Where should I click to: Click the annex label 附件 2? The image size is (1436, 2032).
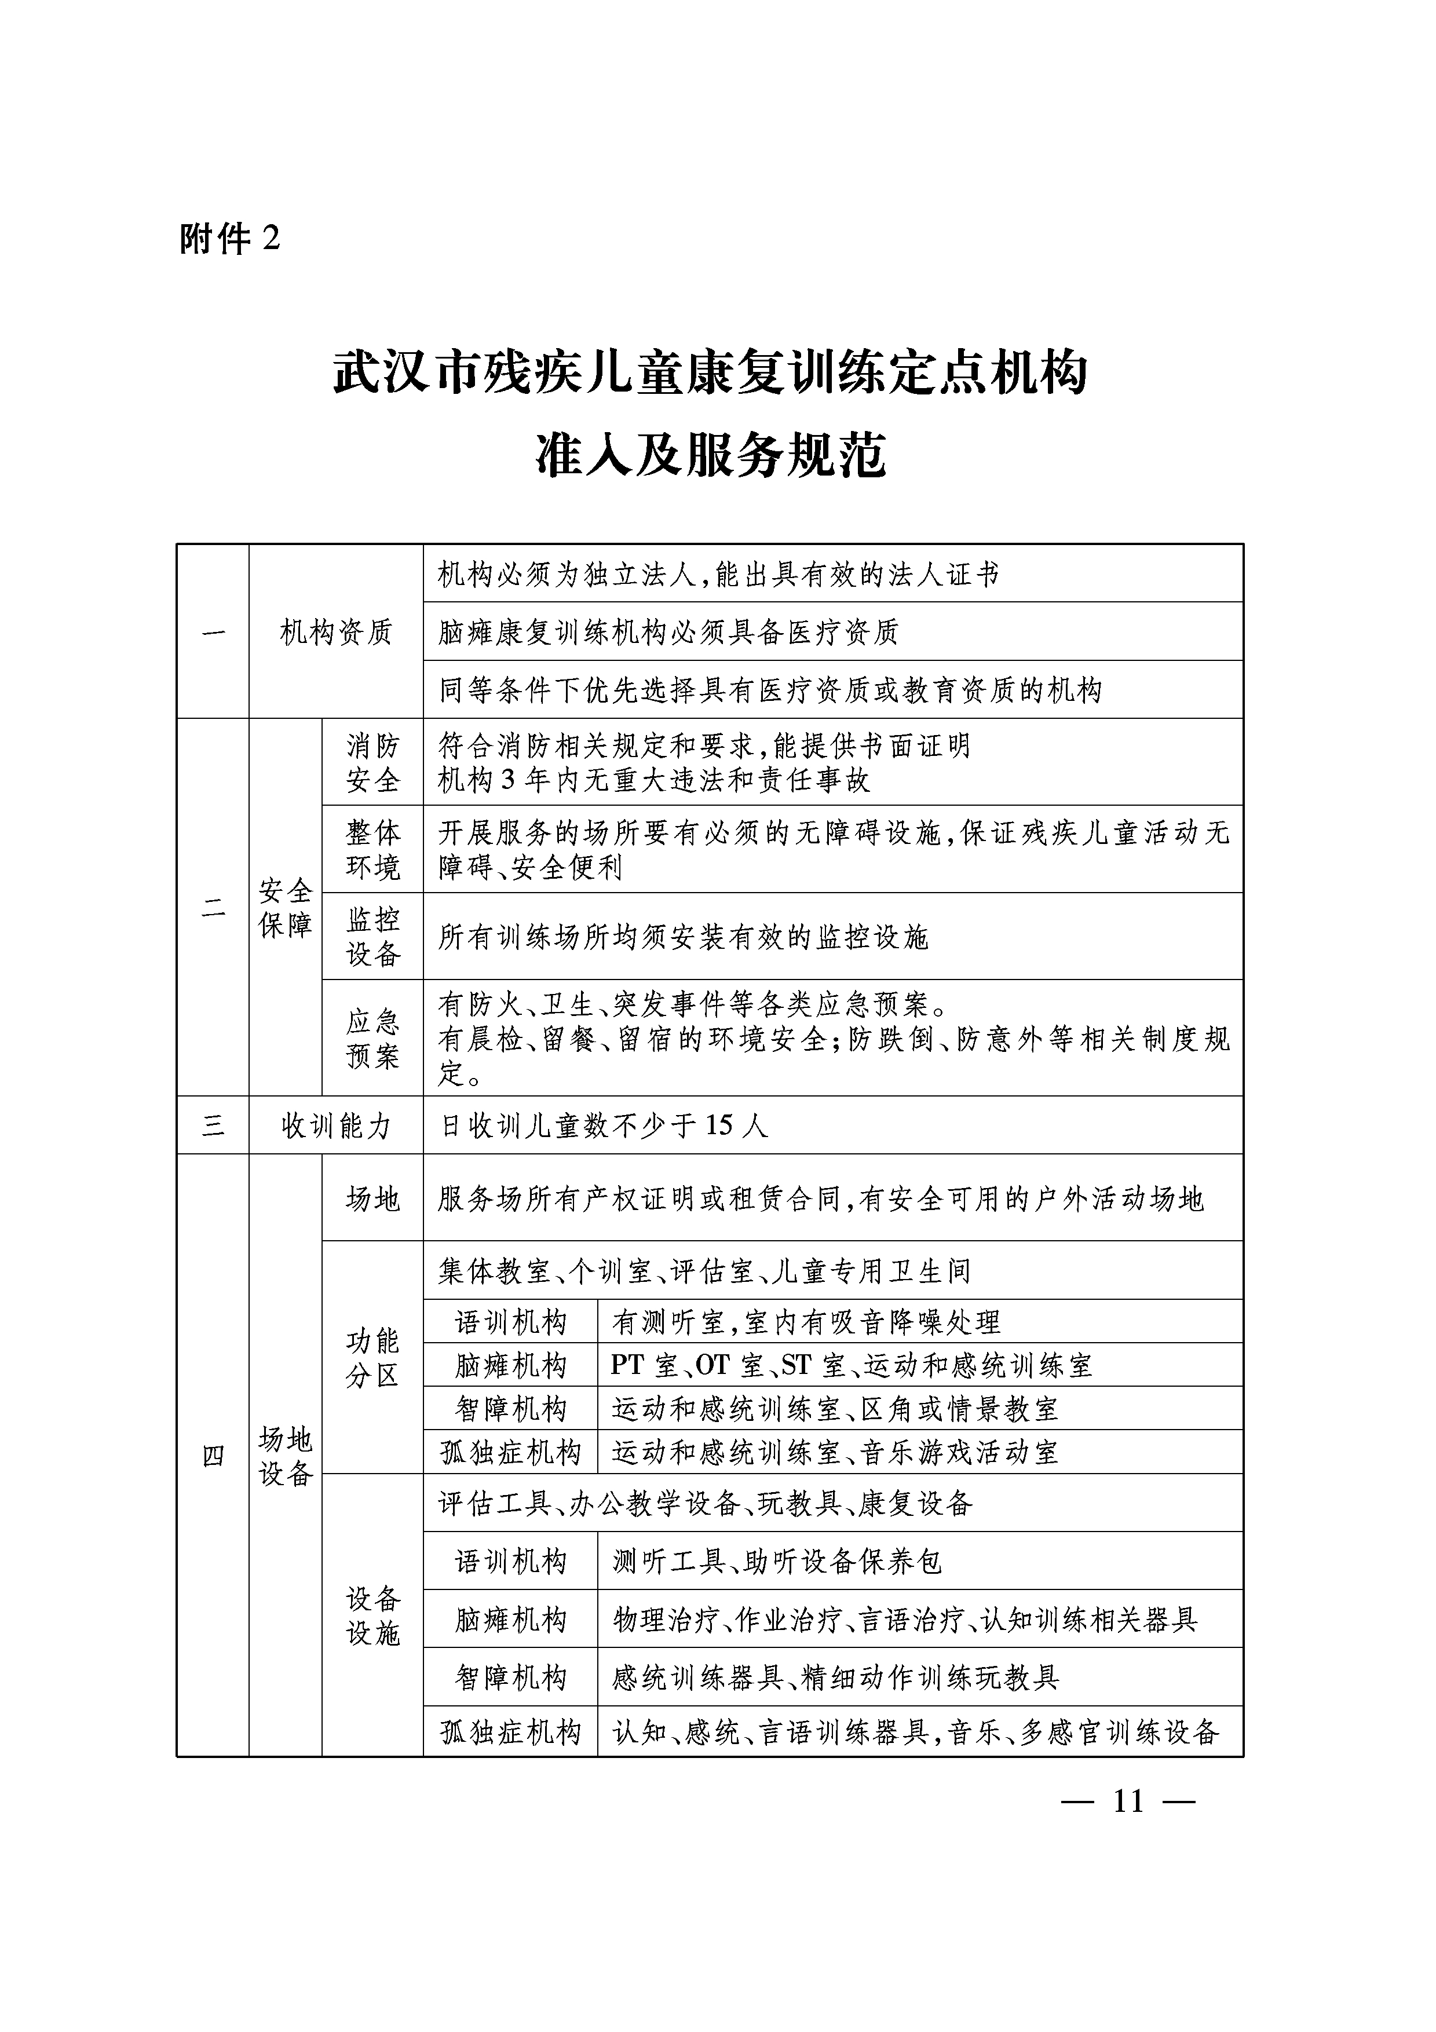click(229, 239)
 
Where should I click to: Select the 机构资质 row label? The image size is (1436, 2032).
click(335, 632)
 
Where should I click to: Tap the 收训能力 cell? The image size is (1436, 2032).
click(335, 1125)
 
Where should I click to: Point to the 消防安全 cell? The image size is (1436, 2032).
click(372, 763)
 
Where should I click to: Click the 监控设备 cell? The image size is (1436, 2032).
click(372, 936)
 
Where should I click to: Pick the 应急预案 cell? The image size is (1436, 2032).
click(372, 1038)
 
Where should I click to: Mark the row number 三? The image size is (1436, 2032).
click(213, 1125)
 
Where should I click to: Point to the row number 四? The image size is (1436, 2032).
click(213, 1456)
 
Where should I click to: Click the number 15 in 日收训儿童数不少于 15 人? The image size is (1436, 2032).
click(719, 1125)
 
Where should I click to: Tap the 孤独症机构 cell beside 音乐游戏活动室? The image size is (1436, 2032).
click(510, 1452)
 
